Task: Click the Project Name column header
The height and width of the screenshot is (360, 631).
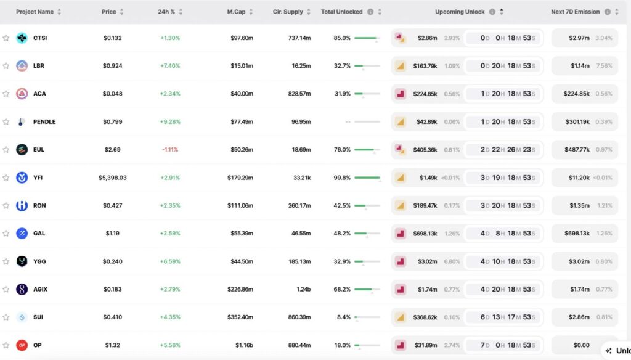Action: point(35,12)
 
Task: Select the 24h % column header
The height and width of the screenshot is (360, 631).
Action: point(166,12)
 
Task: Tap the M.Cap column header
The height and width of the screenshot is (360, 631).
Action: point(236,12)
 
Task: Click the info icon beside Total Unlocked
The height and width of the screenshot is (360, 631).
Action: point(370,12)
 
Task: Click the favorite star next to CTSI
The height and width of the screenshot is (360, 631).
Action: point(6,38)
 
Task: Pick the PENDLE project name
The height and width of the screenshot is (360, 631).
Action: point(44,122)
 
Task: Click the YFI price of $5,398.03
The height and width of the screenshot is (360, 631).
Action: point(112,178)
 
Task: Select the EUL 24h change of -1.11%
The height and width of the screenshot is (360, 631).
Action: point(170,150)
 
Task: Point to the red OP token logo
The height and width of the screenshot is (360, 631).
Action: point(22,345)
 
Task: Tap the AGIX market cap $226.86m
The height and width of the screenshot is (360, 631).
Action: point(240,289)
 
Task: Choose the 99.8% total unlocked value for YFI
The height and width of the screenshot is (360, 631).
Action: point(342,178)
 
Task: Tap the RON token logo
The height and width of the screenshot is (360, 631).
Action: point(22,205)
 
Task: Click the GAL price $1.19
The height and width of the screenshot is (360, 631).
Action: point(112,234)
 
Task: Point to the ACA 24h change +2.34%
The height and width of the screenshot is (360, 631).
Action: point(170,94)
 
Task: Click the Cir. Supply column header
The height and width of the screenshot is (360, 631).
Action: point(288,12)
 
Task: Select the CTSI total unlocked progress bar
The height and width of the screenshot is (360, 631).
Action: point(367,38)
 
